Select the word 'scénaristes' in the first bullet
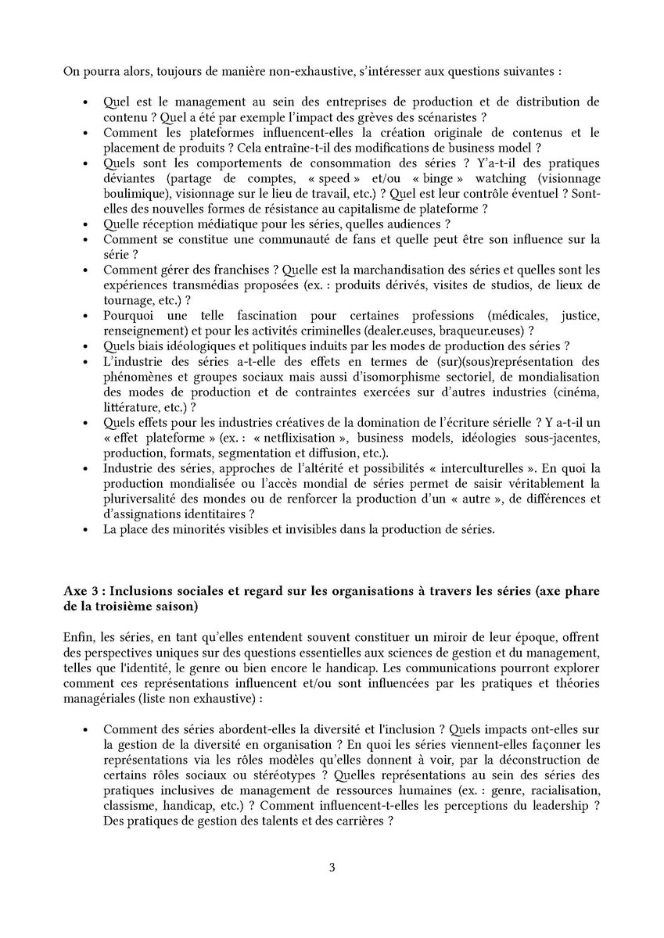(x=448, y=117)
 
